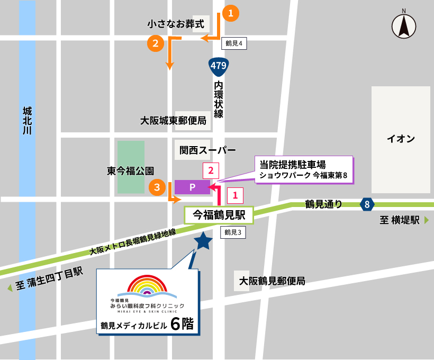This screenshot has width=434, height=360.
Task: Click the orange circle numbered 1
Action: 231,13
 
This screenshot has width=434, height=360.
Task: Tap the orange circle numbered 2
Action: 155,43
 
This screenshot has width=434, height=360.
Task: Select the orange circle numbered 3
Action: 156,186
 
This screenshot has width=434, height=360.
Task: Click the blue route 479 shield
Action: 218,66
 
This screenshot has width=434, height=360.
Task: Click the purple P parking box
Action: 192,187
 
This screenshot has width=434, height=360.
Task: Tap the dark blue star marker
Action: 203,241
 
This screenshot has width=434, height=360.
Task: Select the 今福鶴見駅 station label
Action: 218,214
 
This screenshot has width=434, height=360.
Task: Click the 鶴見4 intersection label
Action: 233,44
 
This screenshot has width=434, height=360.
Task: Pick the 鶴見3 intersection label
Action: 233,232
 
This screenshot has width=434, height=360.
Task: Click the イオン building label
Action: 400,139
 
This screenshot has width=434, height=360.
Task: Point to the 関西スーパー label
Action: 207,150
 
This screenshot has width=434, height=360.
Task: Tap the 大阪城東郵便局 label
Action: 173,121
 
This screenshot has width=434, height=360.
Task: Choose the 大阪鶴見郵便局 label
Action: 272,281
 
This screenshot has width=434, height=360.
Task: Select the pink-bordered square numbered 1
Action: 235,195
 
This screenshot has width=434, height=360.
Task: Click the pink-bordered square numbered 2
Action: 211,170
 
